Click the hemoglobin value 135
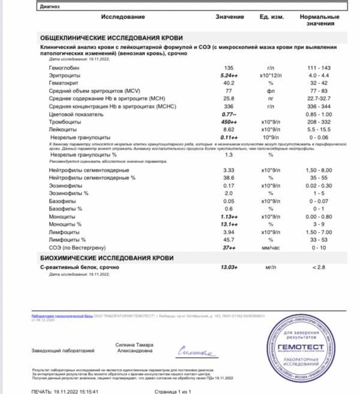[228, 70]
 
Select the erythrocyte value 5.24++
[229, 77]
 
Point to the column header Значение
[230, 17]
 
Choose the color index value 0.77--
[228, 114]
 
